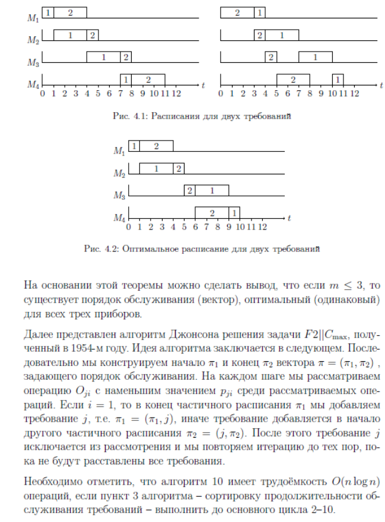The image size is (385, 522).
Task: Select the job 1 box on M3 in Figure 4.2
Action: coord(212,190)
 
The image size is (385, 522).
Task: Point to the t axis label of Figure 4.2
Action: coord(289,218)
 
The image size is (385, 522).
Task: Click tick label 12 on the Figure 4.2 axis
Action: coord(263,227)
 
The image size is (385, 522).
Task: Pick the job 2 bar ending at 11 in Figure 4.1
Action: coord(148,79)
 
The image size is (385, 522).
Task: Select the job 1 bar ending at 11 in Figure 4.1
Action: coord(338,79)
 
